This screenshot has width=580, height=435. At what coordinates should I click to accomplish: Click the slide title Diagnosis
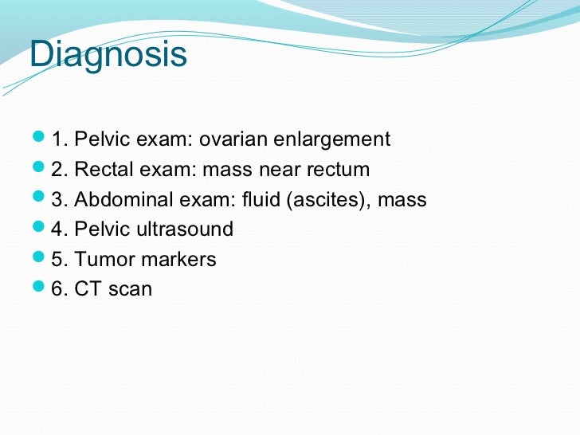click(x=108, y=56)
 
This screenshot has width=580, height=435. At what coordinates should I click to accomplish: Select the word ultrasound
click(x=185, y=229)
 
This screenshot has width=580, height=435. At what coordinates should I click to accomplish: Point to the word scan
click(x=130, y=289)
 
